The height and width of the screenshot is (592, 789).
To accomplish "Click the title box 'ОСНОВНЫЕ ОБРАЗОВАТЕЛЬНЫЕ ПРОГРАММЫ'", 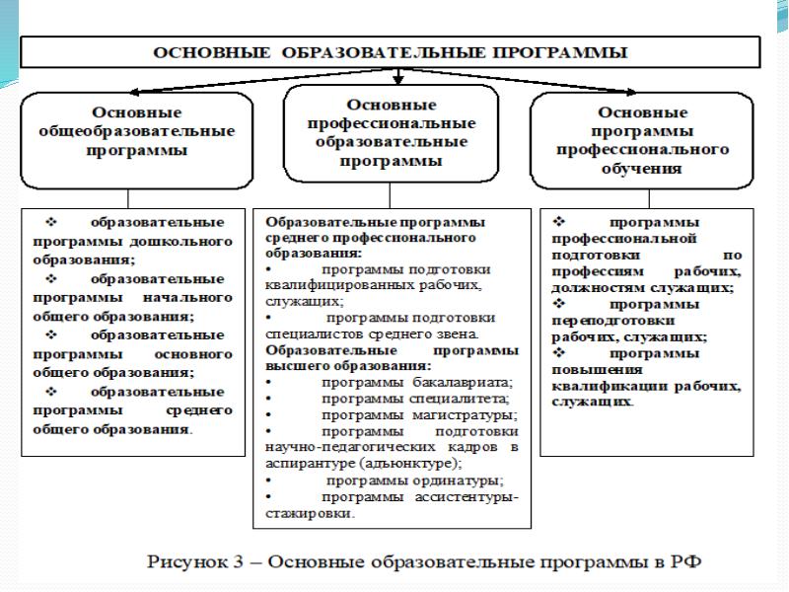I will [x=393, y=51].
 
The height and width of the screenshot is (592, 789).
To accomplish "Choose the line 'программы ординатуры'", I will [x=414, y=481].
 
